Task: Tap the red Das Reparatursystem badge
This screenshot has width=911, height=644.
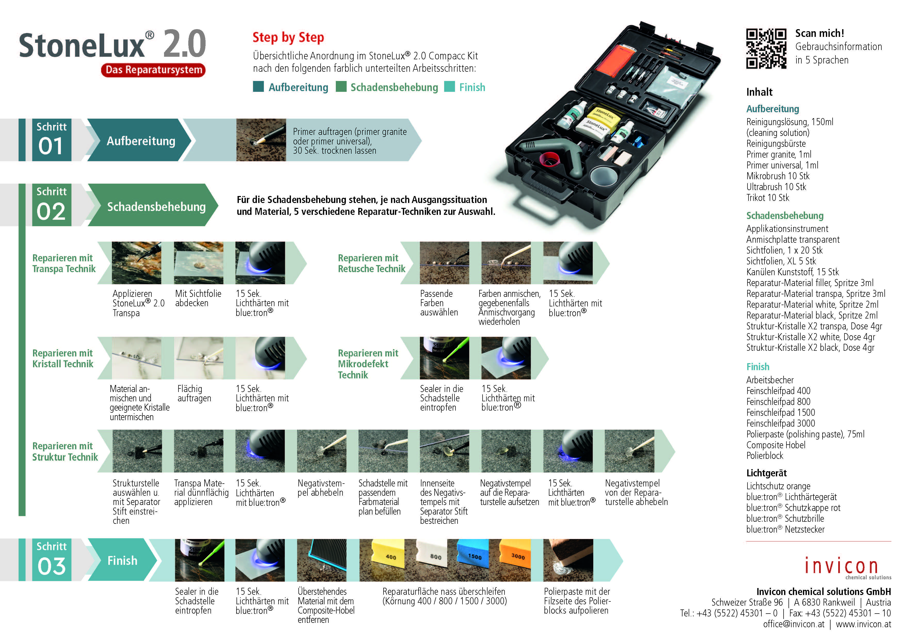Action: [x=153, y=70]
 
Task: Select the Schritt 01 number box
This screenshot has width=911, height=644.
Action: [x=52, y=140]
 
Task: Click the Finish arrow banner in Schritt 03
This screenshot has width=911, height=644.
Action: [x=122, y=560]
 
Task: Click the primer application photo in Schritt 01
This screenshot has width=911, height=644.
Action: [x=261, y=140]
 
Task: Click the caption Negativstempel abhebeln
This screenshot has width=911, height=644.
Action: [x=321, y=488]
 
